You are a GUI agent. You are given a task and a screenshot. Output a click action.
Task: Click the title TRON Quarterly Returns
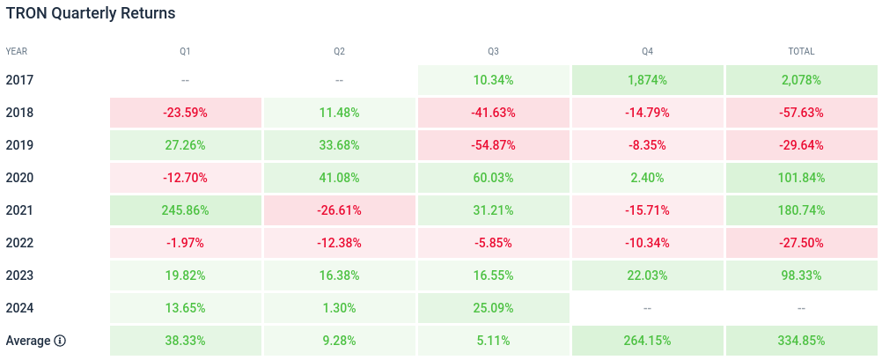[91, 14]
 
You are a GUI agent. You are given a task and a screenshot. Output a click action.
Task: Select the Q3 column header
[493, 52]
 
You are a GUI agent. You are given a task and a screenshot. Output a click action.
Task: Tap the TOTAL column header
[801, 52]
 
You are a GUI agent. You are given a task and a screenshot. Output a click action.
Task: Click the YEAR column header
[17, 52]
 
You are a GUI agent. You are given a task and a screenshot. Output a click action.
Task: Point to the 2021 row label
[19, 210]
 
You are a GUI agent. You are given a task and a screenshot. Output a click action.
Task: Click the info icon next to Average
[60, 341]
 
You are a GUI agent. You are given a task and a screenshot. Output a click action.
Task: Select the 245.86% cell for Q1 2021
[186, 210]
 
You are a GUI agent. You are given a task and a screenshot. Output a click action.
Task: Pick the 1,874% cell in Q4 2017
[647, 80]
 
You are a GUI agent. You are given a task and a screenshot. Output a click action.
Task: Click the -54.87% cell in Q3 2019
[493, 145]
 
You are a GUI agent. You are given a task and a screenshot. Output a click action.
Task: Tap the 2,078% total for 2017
[801, 80]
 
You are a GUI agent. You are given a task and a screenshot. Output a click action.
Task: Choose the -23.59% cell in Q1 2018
[186, 113]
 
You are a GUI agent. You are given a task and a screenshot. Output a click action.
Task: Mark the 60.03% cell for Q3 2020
[493, 178]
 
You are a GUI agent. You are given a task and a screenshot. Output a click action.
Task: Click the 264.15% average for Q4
[647, 341]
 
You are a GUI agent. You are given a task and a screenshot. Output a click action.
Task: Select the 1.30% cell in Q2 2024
[340, 308]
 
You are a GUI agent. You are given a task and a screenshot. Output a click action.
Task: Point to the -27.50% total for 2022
[801, 243]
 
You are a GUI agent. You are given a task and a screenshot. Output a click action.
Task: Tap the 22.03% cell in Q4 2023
[647, 276]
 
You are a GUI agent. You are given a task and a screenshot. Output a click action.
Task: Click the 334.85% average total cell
[801, 341]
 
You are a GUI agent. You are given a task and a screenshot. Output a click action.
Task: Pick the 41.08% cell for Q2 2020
[340, 178]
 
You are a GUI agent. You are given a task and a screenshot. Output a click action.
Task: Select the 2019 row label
[19, 145]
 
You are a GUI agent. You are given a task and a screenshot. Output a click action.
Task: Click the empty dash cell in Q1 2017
[186, 80]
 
